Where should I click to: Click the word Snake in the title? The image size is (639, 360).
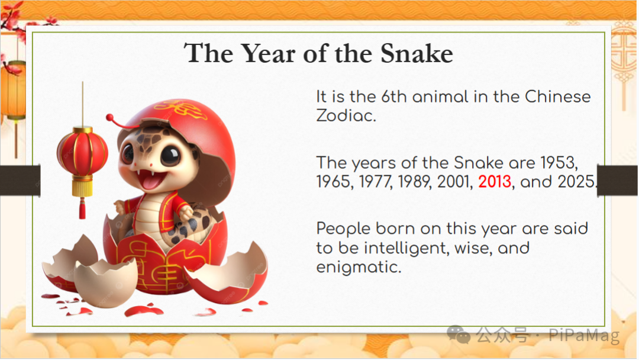click(x=417, y=53)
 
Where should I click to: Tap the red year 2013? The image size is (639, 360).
click(x=494, y=182)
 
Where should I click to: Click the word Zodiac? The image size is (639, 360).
click(x=346, y=116)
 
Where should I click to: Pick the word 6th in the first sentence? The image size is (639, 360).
click(x=393, y=97)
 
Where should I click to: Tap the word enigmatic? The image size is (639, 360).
click(x=359, y=268)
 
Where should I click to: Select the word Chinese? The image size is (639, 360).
click(x=557, y=97)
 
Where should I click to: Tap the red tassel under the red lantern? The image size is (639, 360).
click(x=82, y=208)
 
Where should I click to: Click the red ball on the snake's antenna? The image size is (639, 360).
click(x=109, y=118)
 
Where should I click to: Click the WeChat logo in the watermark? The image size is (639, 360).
click(x=459, y=335)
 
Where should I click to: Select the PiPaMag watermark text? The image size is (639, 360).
click(x=584, y=335)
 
